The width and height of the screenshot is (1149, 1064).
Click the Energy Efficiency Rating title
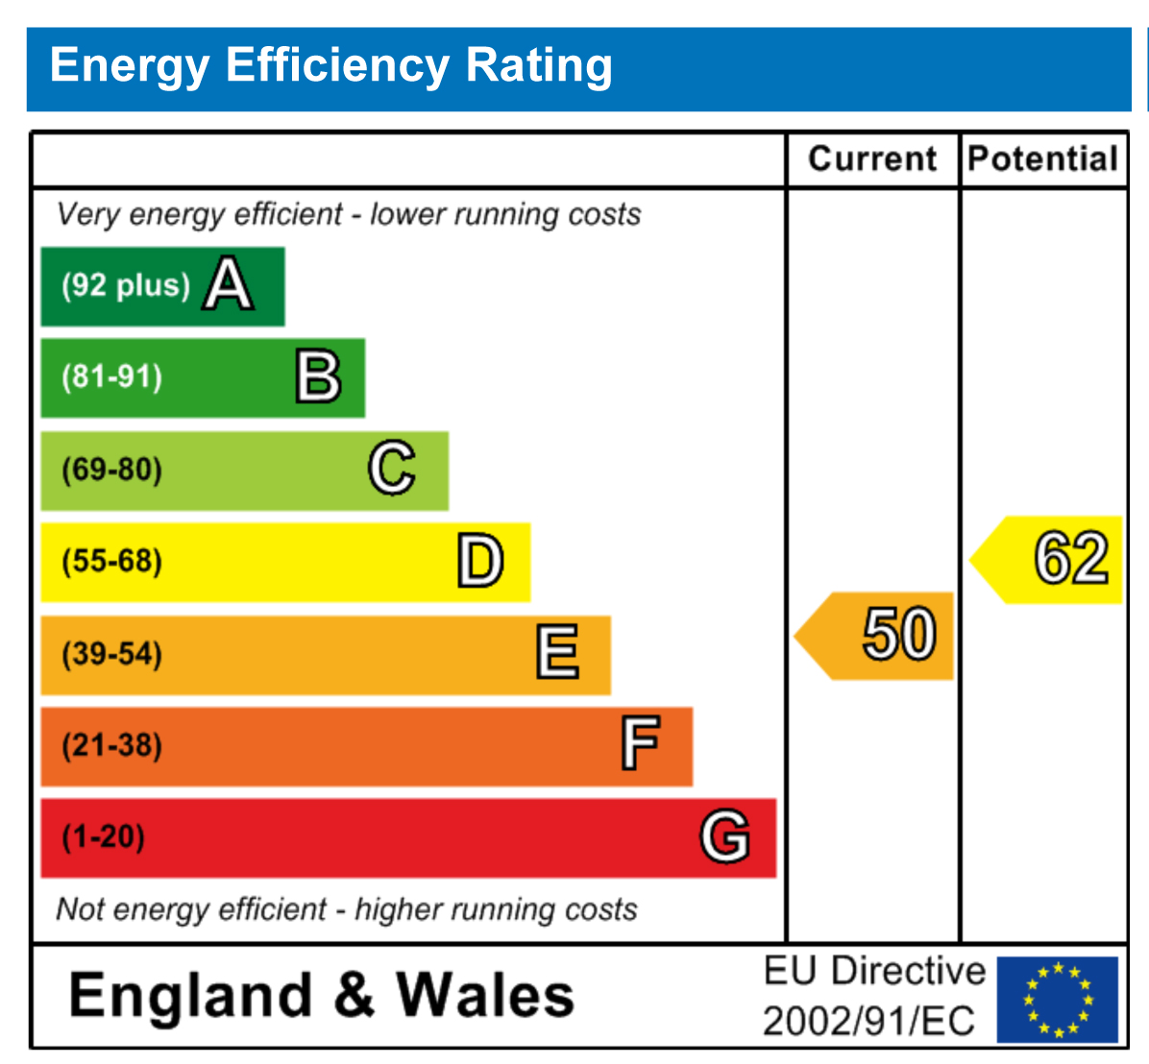(x=330, y=66)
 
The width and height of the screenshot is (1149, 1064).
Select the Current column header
(x=872, y=158)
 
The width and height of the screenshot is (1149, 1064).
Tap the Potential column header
(x=1043, y=158)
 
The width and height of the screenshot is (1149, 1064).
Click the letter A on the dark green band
(x=229, y=285)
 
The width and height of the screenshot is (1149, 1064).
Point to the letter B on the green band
(x=318, y=377)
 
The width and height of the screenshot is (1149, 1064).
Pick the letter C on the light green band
(x=392, y=469)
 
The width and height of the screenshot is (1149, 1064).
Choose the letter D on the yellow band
(x=479, y=562)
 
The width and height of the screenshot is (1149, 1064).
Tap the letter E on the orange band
(x=558, y=653)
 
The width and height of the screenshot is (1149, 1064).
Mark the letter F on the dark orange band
(x=640, y=745)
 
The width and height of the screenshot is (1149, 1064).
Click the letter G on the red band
(x=724, y=836)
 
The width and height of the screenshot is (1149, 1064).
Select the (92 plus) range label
(x=126, y=285)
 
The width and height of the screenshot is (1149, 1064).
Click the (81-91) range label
(x=112, y=376)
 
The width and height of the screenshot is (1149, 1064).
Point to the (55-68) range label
(x=112, y=561)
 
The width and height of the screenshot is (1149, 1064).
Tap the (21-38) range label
(x=112, y=745)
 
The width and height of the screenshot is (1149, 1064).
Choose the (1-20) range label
(x=104, y=836)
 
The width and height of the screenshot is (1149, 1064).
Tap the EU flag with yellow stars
(x=1057, y=999)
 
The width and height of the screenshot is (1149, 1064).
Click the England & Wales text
(x=322, y=995)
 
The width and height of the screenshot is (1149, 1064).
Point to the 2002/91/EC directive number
(x=868, y=1021)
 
